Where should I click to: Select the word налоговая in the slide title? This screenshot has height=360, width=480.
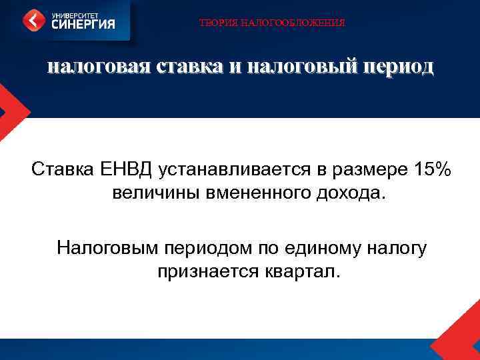[x=98, y=67]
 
